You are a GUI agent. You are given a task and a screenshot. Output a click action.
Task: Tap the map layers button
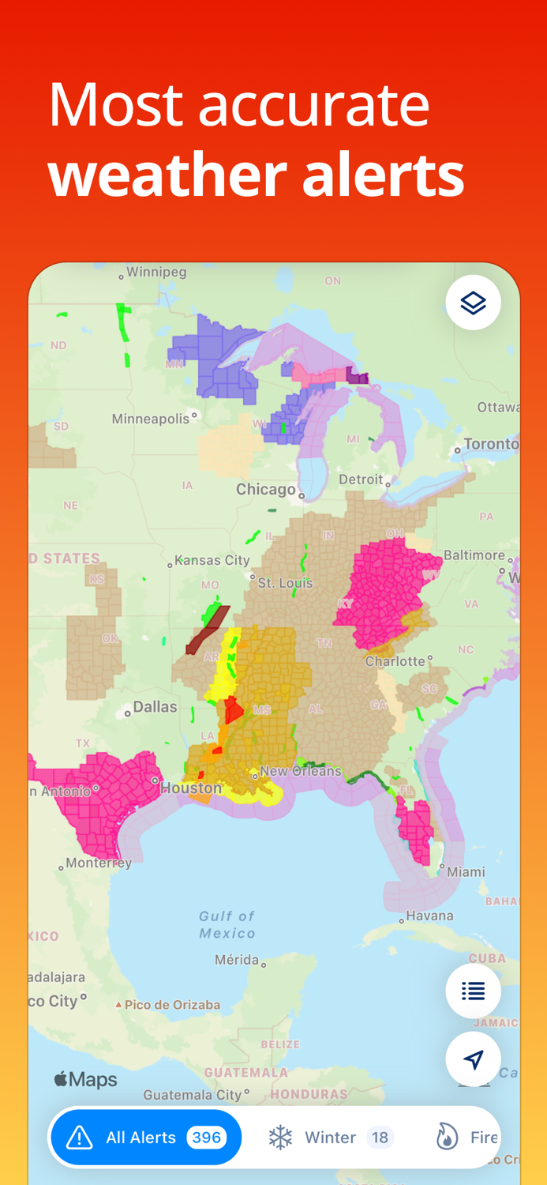pos(473,303)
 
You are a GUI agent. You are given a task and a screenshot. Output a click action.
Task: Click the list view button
pos(473,991)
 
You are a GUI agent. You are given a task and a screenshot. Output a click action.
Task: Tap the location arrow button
pos(473,1059)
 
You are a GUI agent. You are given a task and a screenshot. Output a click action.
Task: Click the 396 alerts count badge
pos(207,1138)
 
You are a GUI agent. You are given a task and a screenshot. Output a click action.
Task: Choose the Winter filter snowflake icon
pos(280,1138)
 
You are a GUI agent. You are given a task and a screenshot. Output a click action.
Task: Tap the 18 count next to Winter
pos(380,1138)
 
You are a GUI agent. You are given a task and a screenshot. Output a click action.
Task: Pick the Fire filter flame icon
pos(447,1138)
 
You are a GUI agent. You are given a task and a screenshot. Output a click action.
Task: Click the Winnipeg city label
pos(156,273)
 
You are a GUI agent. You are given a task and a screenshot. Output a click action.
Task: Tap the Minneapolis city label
pos(150,419)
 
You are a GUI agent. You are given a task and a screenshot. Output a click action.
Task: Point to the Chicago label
pos(266,490)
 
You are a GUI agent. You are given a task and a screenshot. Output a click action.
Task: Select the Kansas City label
pos(212,560)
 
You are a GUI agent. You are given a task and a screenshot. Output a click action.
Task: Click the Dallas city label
pos(155,707)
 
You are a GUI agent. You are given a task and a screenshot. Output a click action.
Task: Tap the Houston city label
pos(191,788)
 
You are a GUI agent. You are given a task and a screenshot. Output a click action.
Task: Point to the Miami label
pos(466,872)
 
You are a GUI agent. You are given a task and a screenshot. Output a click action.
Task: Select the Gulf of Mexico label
pos(227,924)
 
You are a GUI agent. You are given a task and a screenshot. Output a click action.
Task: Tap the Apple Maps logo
pos(85,1080)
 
